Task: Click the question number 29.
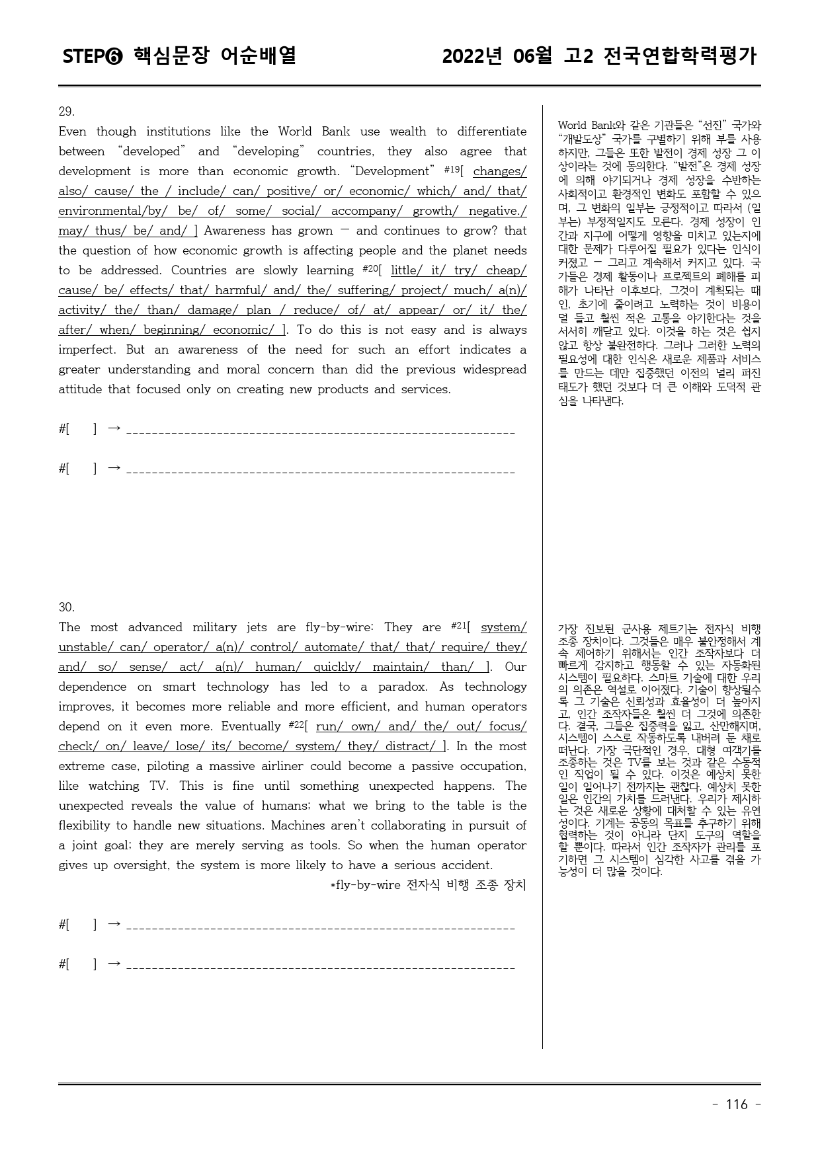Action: (x=66, y=112)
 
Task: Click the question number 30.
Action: (x=66, y=607)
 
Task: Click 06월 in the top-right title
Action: (x=532, y=56)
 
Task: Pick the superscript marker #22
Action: (x=296, y=724)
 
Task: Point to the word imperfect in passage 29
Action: (x=87, y=350)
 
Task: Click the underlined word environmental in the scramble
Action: (x=101, y=211)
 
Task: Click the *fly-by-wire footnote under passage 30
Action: (x=428, y=885)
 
